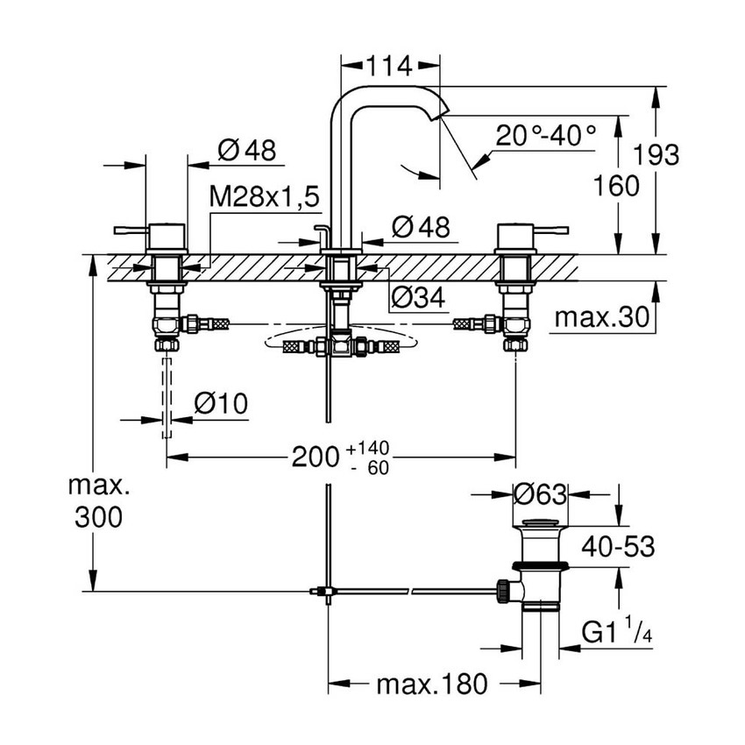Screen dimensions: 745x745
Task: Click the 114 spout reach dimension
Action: click(x=390, y=65)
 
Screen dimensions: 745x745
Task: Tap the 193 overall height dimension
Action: click(x=656, y=155)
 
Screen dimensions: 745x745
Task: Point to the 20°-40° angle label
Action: click(x=545, y=135)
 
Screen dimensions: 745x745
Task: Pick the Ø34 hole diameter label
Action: click(x=417, y=298)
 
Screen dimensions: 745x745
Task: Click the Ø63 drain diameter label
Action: click(x=539, y=494)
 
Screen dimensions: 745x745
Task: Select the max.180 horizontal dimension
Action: click(x=430, y=684)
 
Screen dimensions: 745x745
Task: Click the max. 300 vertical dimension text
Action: click(x=97, y=500)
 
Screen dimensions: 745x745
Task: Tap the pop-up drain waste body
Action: click(x=537, y=570)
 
